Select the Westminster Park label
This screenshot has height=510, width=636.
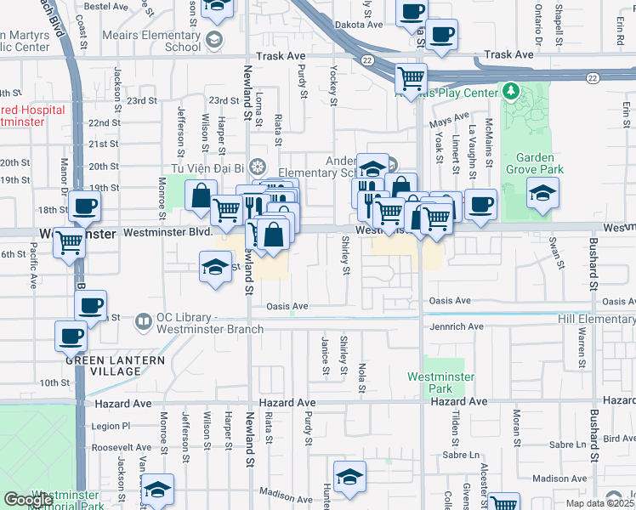440,382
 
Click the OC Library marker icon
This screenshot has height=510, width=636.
142,320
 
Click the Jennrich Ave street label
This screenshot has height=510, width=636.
451,326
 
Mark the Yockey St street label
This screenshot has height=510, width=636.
331,82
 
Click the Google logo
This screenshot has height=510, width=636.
28,500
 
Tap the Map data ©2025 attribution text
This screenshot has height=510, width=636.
599,503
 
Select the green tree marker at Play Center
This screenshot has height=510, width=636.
510,90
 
